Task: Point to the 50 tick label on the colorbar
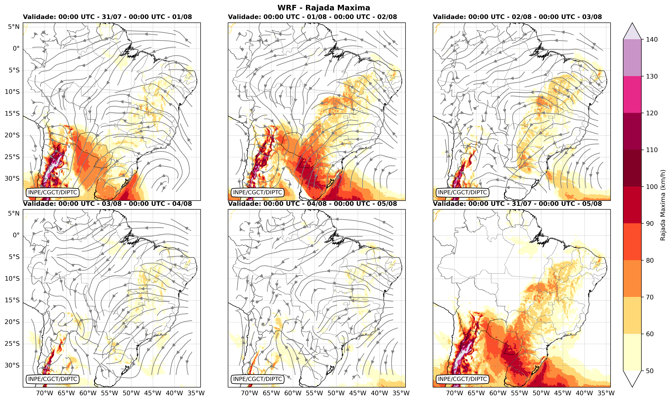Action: (650, 371)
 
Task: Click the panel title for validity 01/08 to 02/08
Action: (312, 17)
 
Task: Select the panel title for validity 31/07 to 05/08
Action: (517, 204)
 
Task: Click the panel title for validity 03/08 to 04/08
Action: (107, 204)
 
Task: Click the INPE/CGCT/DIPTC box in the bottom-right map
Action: (462, 379)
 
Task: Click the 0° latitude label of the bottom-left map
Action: (16, 235)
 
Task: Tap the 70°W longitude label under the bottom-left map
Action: (45, 393)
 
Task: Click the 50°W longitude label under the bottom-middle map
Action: (336, 393)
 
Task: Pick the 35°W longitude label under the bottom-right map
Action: (606, 393)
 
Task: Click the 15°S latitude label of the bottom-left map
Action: (12, 300)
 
